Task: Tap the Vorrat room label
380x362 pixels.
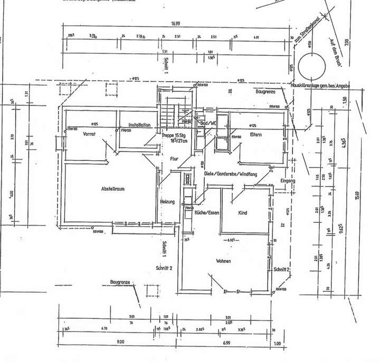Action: pos(88,134)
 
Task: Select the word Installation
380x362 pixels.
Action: pos(139,125)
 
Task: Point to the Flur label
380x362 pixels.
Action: pos(174,158)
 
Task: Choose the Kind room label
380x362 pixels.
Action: pos(243,213)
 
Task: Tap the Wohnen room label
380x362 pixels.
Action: pos(224,261)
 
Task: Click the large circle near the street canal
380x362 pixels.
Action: pos(312,67)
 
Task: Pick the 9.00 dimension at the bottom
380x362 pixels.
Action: pos(120,343)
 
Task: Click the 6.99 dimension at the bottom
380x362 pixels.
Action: pos(226,343)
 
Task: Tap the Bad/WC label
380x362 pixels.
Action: pos(208,122)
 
